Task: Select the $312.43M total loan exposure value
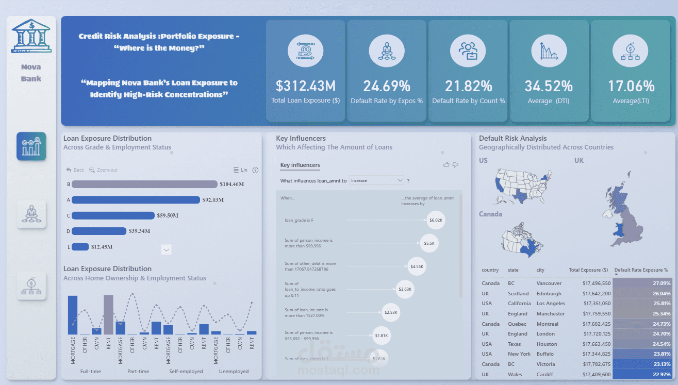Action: (x=306, y=86)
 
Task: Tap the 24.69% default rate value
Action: (x=387, y=86)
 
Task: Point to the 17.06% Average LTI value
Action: (x=631, y=86)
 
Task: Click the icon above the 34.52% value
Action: (x=549, y=52)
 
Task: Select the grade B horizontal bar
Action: (x=144, y=184)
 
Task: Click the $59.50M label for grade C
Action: (x=170, y=215)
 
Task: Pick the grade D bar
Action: (x=99, y=231)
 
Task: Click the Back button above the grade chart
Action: (x=75, y=170)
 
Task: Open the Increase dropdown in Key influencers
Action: (x=376, y=180)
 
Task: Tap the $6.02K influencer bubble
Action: (x=436, y=220)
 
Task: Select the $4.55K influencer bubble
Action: (x=417, y=266)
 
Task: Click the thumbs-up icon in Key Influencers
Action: (x=447, y=165)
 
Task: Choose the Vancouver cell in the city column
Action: (x=549, y=283)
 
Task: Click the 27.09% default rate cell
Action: (x=642, y=283)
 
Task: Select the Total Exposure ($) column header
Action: (x=588, y=270)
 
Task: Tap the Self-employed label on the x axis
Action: (x=186, y=371)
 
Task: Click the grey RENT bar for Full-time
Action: (x=108, y=314)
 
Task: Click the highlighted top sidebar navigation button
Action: (x=31, y=146)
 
